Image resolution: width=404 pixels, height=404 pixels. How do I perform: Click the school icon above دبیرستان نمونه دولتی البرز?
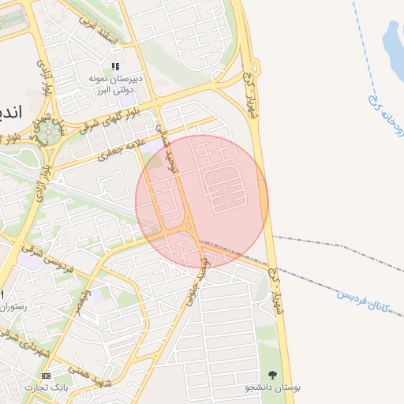(x=115, y=67)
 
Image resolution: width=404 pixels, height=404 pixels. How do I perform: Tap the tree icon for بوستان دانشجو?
(x=273, y=375)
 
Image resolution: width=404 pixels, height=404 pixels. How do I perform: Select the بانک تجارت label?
(x=45, y=387)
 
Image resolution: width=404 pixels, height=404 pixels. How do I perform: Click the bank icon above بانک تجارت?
(x=46, y=376)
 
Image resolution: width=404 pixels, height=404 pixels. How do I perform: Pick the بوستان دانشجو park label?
(x=273, y=387)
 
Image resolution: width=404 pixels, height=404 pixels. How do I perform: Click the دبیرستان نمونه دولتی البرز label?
(x=115, y=84)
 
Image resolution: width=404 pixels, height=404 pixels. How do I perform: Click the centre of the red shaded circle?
(x=202, y=201)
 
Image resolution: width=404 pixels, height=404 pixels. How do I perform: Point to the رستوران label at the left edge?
(x=13, y=305)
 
